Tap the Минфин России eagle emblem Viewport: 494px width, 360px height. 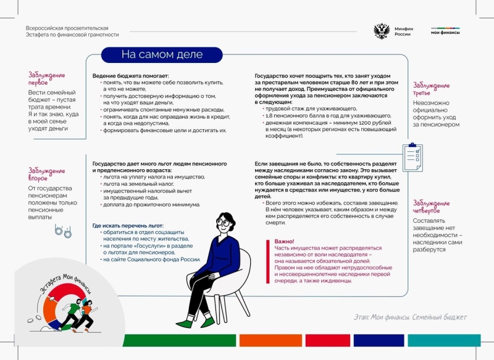[x=382, y=31]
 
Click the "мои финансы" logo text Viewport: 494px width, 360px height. [x=445, y=32]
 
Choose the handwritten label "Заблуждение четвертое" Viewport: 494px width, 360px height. [x=431, y=207]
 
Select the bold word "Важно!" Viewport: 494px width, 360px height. [x=284, y=241]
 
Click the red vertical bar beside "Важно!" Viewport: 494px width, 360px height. [x=268, y=259]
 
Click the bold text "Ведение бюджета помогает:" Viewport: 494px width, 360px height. [x=127, y=75]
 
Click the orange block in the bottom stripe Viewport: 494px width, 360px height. [x=262, y=340]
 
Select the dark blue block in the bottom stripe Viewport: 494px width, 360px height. [x=380, y=340]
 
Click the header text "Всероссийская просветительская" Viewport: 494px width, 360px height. [x=67, y=28]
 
